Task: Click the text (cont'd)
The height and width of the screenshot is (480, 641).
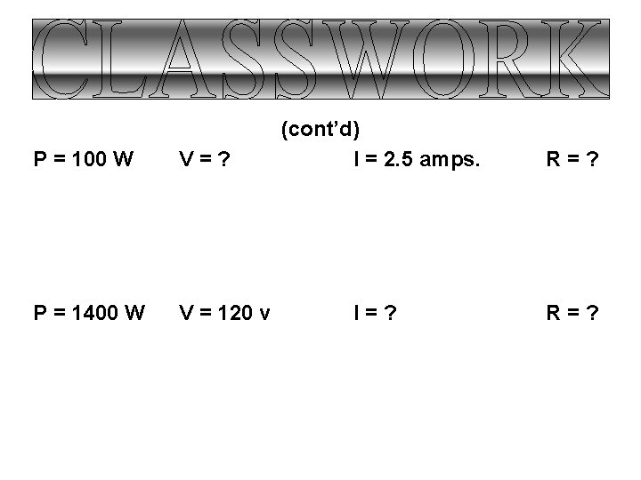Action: point(320,130)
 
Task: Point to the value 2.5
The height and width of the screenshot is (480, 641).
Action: point(396,160)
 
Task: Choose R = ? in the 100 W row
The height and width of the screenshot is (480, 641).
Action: point(572,160)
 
